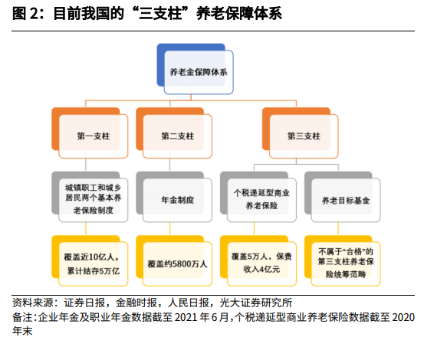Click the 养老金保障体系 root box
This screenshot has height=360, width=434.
pos(195,69)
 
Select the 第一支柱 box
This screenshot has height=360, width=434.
pos(90,133)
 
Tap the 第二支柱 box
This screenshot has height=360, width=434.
pos(174,133)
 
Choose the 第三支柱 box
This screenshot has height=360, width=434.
pos(301,133)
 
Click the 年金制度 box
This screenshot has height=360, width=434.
pos(174,197)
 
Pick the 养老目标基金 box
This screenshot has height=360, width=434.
pos(343,197)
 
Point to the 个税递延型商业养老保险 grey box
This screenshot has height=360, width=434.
pos(258,197)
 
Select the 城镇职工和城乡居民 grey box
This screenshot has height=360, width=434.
pos(90,197)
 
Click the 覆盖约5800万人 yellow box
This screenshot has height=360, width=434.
pos(174,260)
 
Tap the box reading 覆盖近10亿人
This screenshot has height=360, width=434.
pos(90,260)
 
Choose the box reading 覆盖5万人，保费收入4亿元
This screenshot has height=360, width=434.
pos(258,260)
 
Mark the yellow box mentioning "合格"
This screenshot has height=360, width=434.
pos(343,260)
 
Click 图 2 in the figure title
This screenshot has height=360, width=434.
pos(26,14)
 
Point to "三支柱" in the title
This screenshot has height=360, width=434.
pos(160,14)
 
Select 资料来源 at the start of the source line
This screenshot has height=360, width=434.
pos(33,303)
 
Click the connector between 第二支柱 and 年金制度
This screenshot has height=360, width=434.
pos(169,165)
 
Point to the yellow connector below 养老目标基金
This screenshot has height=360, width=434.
pos(338,229)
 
